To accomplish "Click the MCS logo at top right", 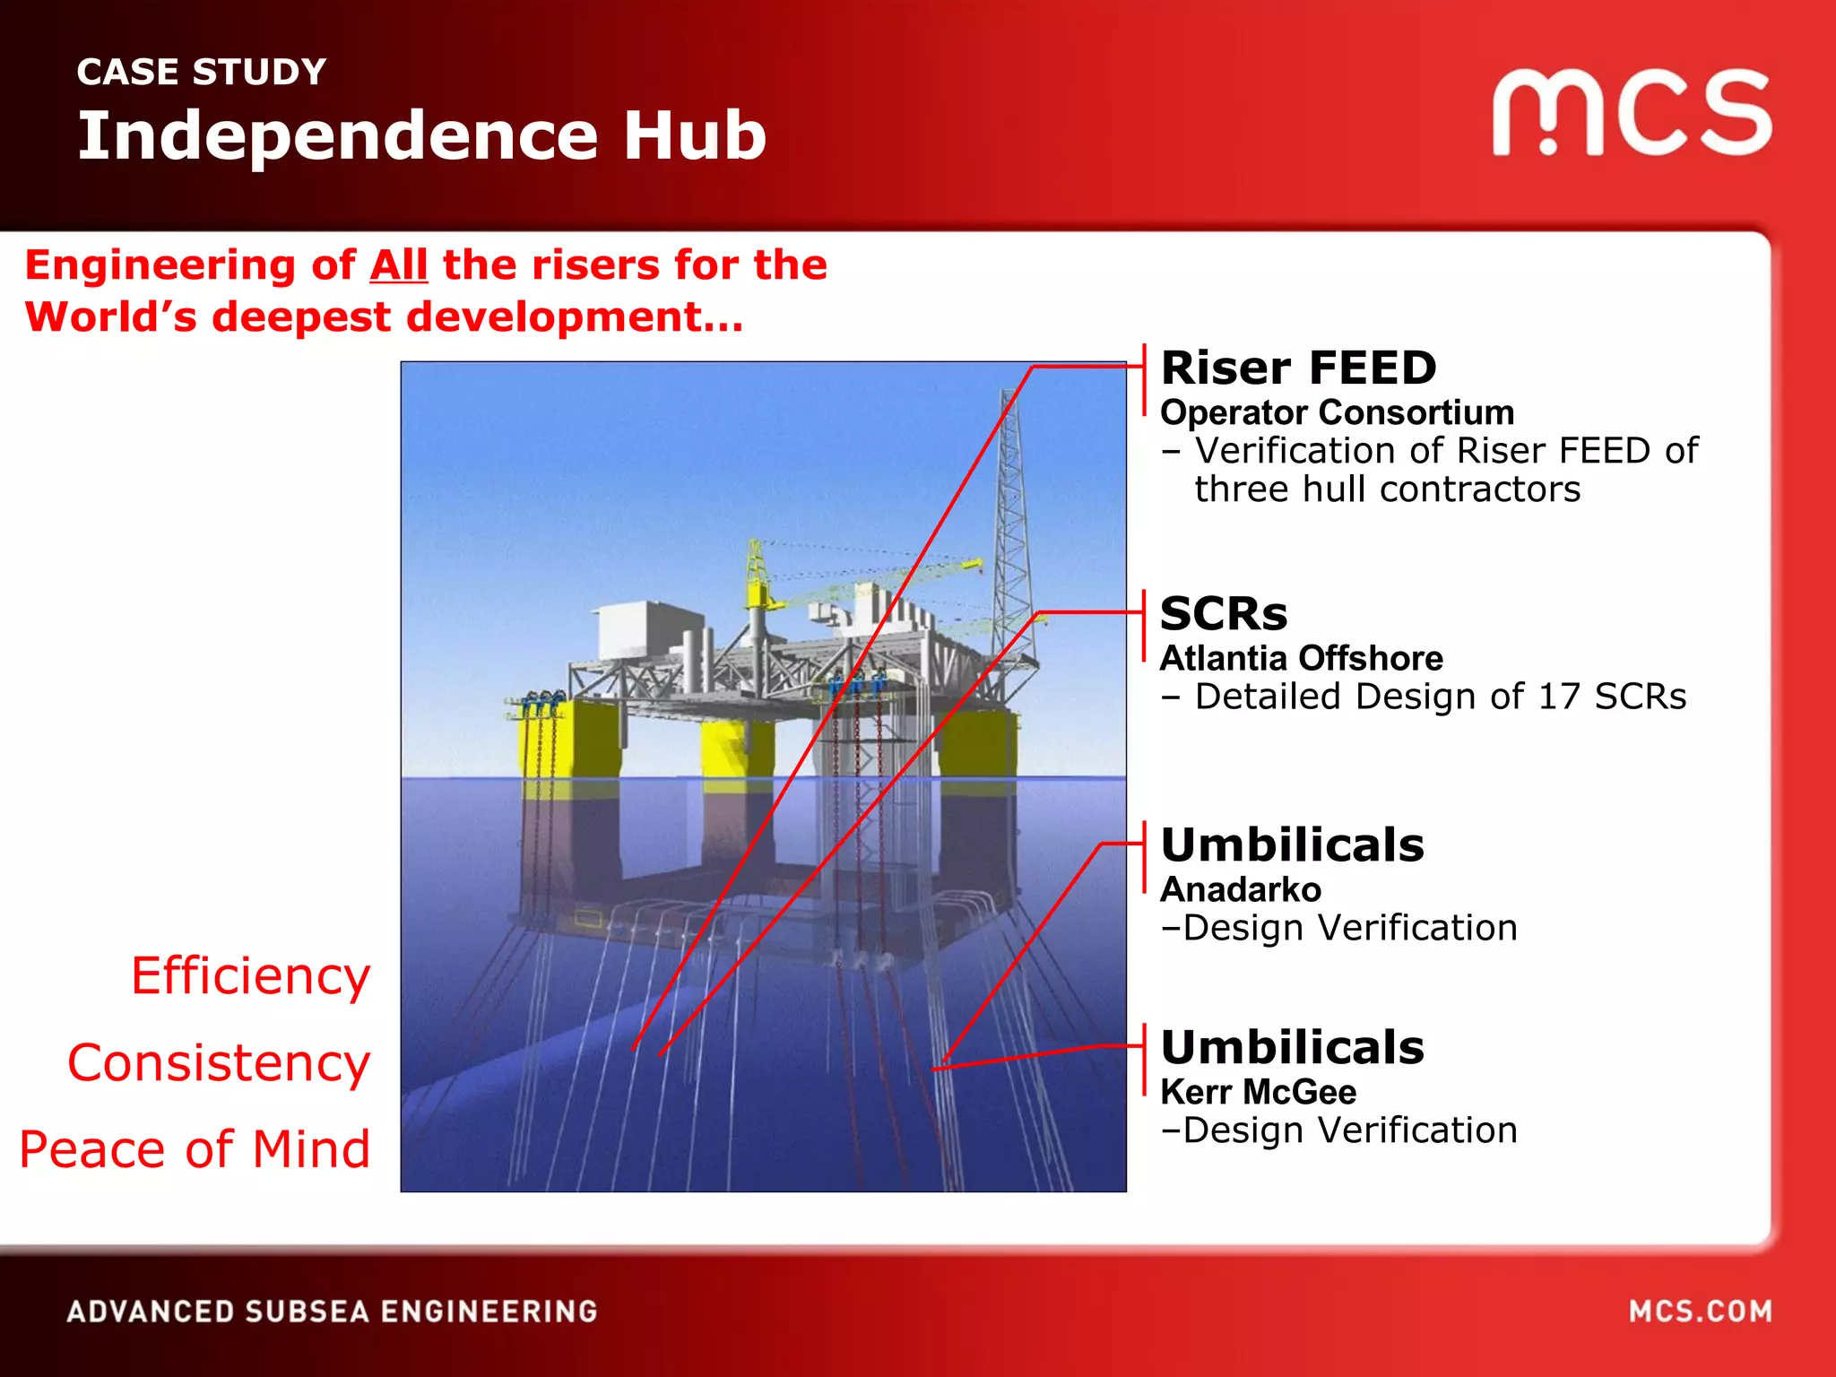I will coord(1632,113).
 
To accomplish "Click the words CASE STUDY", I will coord(202,72).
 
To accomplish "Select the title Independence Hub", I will coord(421,136).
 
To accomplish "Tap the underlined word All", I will coord(399,265).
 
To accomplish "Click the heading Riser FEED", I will coord(1298,368).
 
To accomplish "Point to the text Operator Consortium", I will coord(1337,412).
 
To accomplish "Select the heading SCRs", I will coord(1223,614).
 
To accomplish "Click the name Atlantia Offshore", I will coord(1301,658).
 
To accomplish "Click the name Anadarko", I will coord(1240,889).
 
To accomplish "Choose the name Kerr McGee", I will coord(1258,1092).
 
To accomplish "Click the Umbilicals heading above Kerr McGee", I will coord(1292,1047).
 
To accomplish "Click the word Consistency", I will coord(219,1062).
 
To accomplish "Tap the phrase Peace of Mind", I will coord(195,1149).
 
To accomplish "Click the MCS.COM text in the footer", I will coord(1700,1312).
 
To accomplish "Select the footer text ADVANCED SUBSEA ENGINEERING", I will coord(332,1312).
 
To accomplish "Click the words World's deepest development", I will coord(384,317).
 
